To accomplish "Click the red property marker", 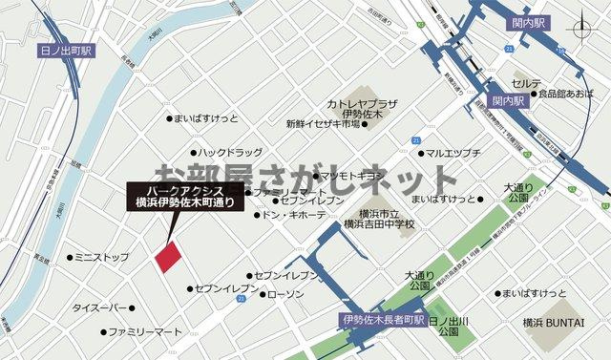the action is coord(168,257).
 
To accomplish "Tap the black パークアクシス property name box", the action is coord(187,196).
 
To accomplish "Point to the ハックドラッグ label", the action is coord(230,152).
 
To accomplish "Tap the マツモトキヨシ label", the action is coord(351,177).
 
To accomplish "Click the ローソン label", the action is coord(287,294).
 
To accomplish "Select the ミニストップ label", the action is coord(101,258).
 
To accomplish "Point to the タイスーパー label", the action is coord(100,308).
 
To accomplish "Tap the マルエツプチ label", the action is coord(453,153).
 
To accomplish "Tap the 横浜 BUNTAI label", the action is coord(553,324).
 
